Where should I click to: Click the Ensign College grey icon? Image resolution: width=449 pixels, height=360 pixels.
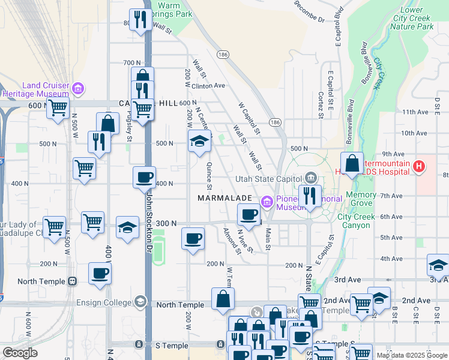coord(140,301)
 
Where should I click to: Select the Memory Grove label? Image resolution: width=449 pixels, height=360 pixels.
coord(361,199)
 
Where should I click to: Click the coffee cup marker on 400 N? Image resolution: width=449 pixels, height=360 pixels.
coord(144,178)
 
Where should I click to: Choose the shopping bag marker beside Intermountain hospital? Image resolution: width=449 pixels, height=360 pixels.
coord(352,163)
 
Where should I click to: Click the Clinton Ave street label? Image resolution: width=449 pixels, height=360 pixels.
coord(208,86)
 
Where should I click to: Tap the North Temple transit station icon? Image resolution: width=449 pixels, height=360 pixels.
coord(72,281)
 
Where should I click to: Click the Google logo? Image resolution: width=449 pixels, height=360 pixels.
coord(20,353)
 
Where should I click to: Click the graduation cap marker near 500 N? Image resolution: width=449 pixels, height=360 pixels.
coord(200,142)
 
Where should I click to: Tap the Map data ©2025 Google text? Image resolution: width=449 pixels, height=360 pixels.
coord(412,355)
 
